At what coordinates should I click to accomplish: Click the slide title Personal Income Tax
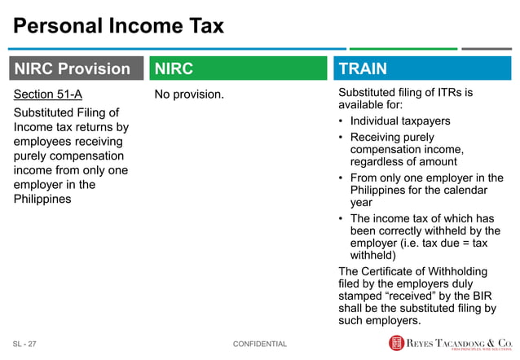(x=118, y=27)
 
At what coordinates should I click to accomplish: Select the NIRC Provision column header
(x=72, y=68)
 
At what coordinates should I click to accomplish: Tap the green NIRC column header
(x=174, y=68)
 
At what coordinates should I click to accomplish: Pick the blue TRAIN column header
(x=363, y=68)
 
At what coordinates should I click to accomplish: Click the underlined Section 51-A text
(x=48, y=94)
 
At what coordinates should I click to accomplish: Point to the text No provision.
(x=189, y=94)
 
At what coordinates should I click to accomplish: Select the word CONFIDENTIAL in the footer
(x=260, y=345)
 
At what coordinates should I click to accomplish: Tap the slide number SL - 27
(x=25, y=345)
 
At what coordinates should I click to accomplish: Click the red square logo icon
(x=396, y=344)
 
